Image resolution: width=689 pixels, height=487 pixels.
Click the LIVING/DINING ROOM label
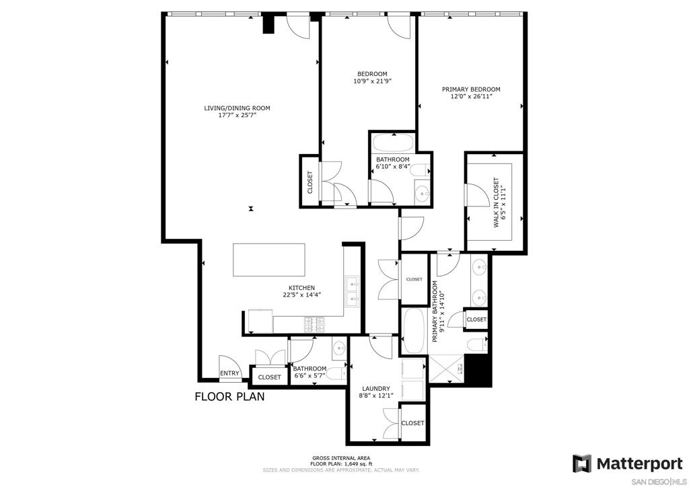pyautogui.click(x=237, y=108)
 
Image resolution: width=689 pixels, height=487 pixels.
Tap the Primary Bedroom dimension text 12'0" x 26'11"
pyautogui.click(x=470, y=97)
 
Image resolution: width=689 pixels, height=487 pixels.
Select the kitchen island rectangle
pyautogui.click(x=269, y=260)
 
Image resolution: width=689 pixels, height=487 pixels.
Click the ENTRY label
pyautogui.click(x=229, y=373)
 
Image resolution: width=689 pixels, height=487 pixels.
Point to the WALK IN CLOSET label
pyautogui.click(x=496, y=202)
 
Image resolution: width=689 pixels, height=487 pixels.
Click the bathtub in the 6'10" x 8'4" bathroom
pyautogui.click(x=393, y=143)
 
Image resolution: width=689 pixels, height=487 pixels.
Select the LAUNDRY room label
pyautogui.click(x=375, y=389)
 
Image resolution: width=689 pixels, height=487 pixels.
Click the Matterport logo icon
pyautogui.click(x=582, y=463)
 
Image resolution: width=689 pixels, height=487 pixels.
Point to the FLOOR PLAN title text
pyautogui.click(x=230, y=397)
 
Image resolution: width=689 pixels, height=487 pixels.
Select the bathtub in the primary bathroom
pyautogui.click(x=414, y=331)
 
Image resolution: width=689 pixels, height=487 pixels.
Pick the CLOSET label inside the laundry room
pyautogui.click(x=412, y=423)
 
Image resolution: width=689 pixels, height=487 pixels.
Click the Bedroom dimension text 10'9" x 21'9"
pyautogui.click(x=372, y=81)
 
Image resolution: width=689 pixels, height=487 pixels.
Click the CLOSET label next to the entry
pyautogui.click(x=269, y=377)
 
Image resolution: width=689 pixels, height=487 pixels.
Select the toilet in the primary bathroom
pyautogui.click(x=477, y=344)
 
